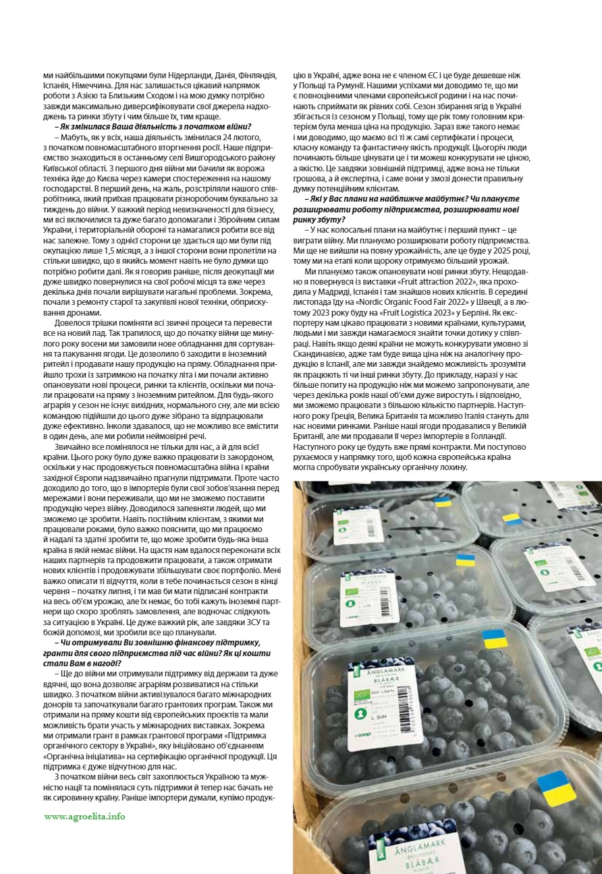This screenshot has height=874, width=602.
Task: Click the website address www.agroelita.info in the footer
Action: (x=84, y=816)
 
